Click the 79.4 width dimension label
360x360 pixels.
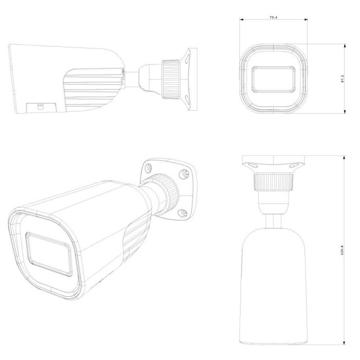pos(273,17)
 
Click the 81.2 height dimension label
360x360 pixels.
pos(343,79)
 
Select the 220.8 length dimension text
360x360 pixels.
pos(342,250)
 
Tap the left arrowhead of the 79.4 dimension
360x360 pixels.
pos(241,20)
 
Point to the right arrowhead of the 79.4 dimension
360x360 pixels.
pos(306,20)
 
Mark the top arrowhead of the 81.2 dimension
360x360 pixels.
pos(345,46)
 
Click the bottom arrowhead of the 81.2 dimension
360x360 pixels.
pos(345,112)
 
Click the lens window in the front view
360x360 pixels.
pos(274,79)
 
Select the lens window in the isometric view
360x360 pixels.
pos(49,254)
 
